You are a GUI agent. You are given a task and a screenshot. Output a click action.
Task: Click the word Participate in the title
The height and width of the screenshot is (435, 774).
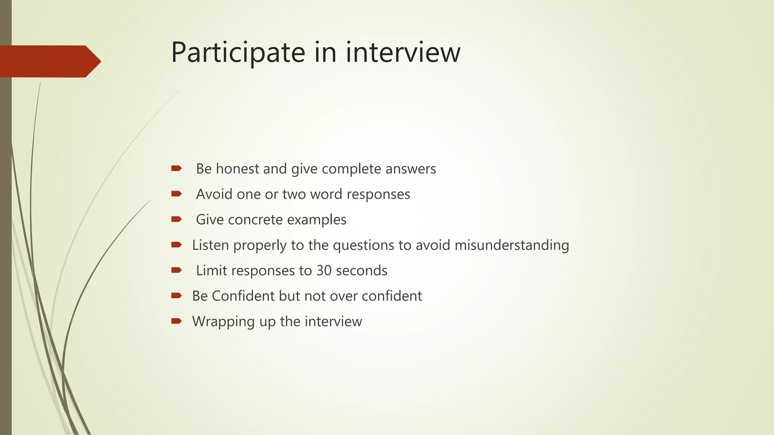pos(238,52)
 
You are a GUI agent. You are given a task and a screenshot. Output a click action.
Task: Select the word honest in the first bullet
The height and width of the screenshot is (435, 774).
pos(238,169)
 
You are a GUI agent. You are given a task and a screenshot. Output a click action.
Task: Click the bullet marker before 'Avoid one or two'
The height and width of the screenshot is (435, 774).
pos(176,194)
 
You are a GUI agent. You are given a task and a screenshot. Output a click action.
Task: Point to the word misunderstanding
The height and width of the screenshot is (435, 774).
pos(512,245)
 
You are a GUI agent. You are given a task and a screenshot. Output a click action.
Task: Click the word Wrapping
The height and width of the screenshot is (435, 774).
pos(223,322)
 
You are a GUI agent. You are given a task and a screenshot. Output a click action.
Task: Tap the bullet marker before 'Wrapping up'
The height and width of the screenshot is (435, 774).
pos(176,321)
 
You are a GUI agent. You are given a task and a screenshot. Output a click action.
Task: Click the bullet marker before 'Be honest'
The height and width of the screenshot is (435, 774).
pos(176,168)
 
